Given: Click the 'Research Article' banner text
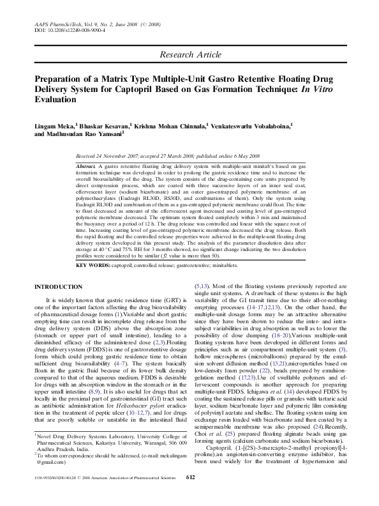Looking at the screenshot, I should coord(189,56).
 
